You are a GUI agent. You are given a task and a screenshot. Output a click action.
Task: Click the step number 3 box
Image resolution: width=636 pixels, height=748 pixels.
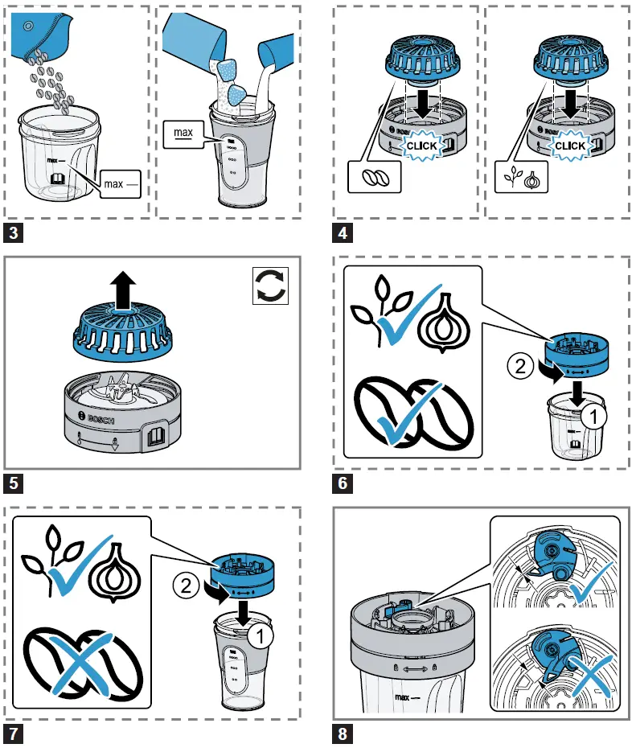(x=13, y=235)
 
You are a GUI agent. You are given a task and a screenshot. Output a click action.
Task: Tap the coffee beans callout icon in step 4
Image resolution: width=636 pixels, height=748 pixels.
(x=371, y=177)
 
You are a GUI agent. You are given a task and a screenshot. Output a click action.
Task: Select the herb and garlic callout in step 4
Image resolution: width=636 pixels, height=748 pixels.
(x=523, y=177)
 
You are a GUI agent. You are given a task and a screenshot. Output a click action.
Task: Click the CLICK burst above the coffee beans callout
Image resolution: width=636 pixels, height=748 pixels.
(x=421, y=146)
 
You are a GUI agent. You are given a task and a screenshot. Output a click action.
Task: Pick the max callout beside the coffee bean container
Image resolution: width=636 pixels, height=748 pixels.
(x=121, y=184)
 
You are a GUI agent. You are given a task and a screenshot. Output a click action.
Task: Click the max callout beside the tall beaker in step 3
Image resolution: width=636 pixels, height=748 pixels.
(x=184, y=130)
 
